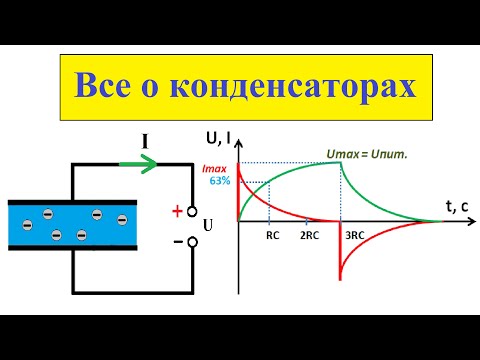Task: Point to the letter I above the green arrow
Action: (x=146, y=143)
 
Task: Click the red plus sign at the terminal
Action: (x=178, y=211)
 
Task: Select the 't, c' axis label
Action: (x=456, y=207)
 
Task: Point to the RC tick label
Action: (x=273, y=237)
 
